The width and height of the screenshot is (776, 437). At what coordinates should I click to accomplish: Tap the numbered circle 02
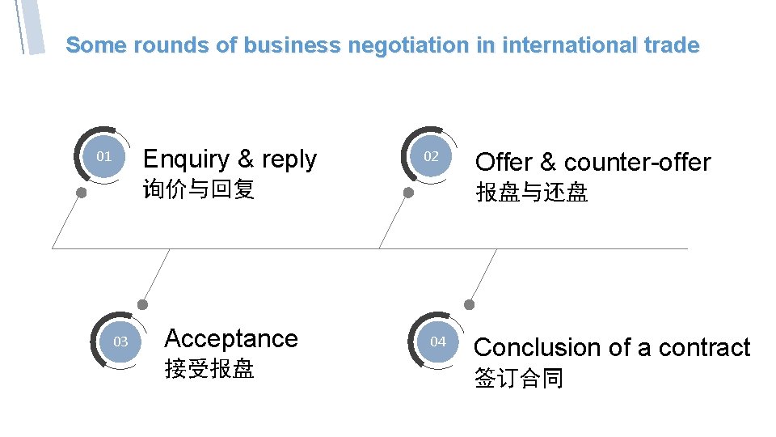pos(432,156)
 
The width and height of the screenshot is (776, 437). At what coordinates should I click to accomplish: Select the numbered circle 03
pos(120,342)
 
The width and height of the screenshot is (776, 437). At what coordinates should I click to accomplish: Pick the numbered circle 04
pos(438,342)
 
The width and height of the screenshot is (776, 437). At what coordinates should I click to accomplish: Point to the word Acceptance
pos(231,338)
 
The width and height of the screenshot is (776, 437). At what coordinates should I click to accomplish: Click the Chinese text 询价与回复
pos(199,190)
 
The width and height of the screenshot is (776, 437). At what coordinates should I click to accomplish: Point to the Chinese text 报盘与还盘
pos(532,193)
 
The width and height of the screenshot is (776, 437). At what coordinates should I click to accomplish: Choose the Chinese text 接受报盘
pos(209,369)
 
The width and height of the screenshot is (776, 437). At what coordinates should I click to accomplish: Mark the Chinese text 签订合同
pos(519,379)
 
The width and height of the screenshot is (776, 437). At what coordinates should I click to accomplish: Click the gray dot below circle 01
pos(82,193)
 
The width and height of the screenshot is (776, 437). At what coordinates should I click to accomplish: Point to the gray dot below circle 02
pos(409,193)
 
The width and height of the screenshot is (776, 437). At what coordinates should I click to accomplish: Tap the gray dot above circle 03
pos(143,305)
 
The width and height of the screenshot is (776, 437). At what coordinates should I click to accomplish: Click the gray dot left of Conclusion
pos(470,304)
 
